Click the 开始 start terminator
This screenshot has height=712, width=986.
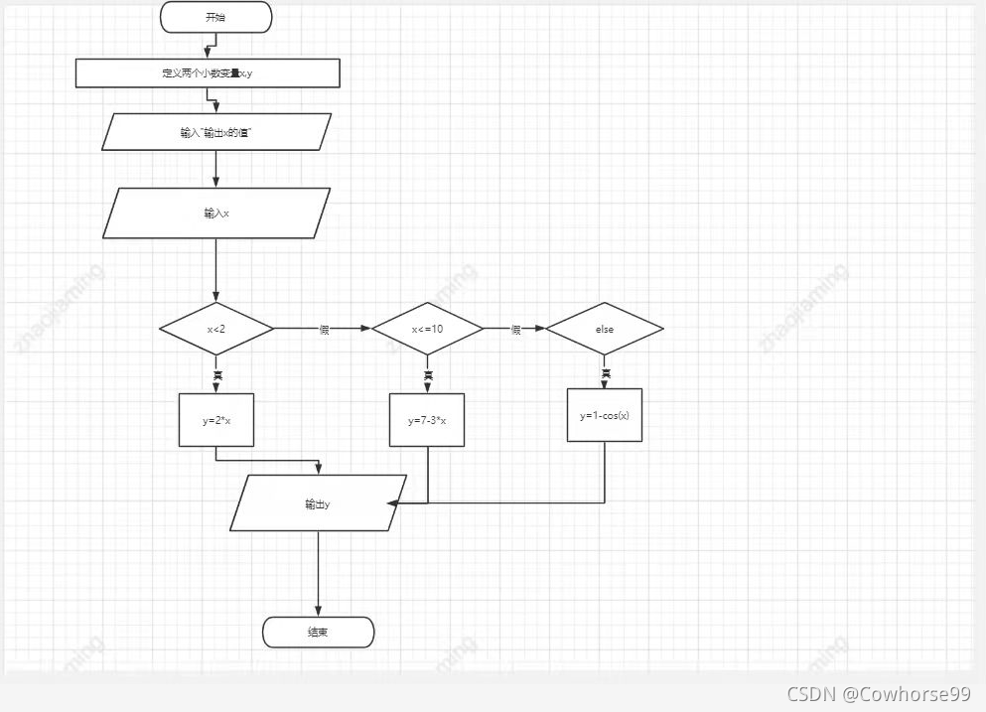tap(215, 17)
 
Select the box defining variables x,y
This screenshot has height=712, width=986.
tap(208, 73)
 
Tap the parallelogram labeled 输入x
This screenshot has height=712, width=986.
tap(216, 213)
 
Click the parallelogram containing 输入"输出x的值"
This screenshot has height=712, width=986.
tap(216, 131)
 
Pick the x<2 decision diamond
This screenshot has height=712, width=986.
tap(216, 328)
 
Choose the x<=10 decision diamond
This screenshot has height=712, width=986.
tap(427, 328)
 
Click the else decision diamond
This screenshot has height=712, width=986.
tap(605, 328)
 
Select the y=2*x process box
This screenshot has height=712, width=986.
tap(216, 420)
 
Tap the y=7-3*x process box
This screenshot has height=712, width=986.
tap(427, 420)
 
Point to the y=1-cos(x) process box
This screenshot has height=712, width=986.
tap(605, 415)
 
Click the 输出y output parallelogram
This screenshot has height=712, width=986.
tap(319, 503)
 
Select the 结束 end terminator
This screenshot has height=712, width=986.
tap(318, 632)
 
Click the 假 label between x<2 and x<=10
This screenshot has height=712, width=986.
tap(324, 329)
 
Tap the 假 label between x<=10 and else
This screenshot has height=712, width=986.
tap(515, 329)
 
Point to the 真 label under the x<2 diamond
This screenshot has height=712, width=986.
tap(216, 374)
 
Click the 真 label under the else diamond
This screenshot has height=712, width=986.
tap(605, 373)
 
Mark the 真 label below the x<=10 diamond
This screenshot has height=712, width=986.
tap(428, 374)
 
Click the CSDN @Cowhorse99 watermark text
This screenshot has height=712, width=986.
tap(878, 693)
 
